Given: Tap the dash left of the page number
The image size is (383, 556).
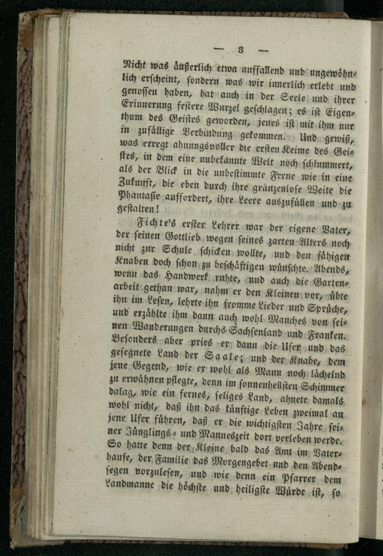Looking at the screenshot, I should [219, 49].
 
